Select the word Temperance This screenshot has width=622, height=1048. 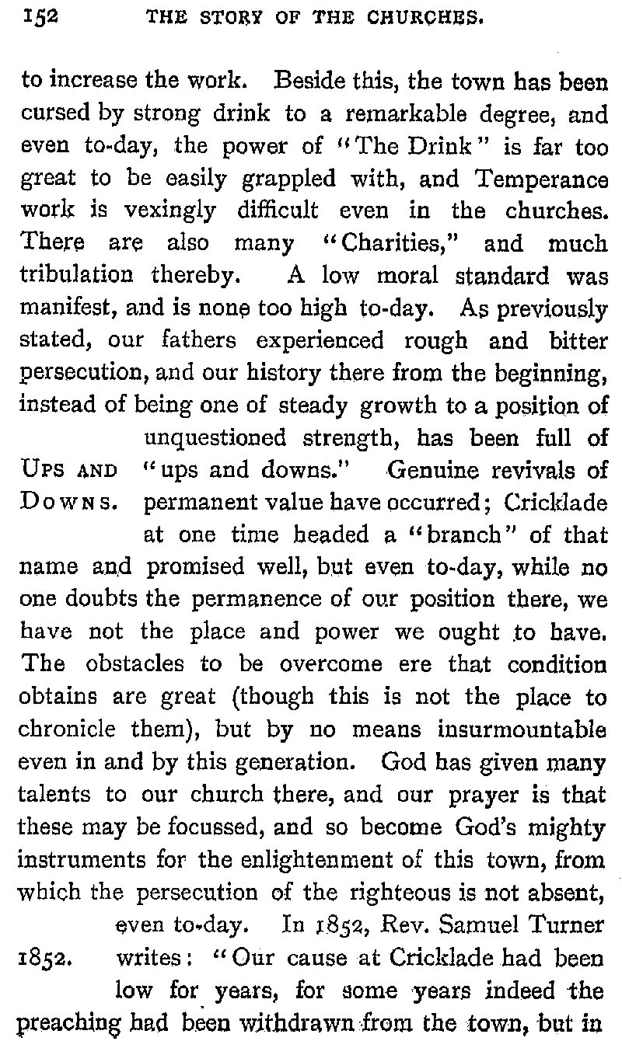tap(544, 179)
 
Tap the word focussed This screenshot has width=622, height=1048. tap(209, 826)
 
